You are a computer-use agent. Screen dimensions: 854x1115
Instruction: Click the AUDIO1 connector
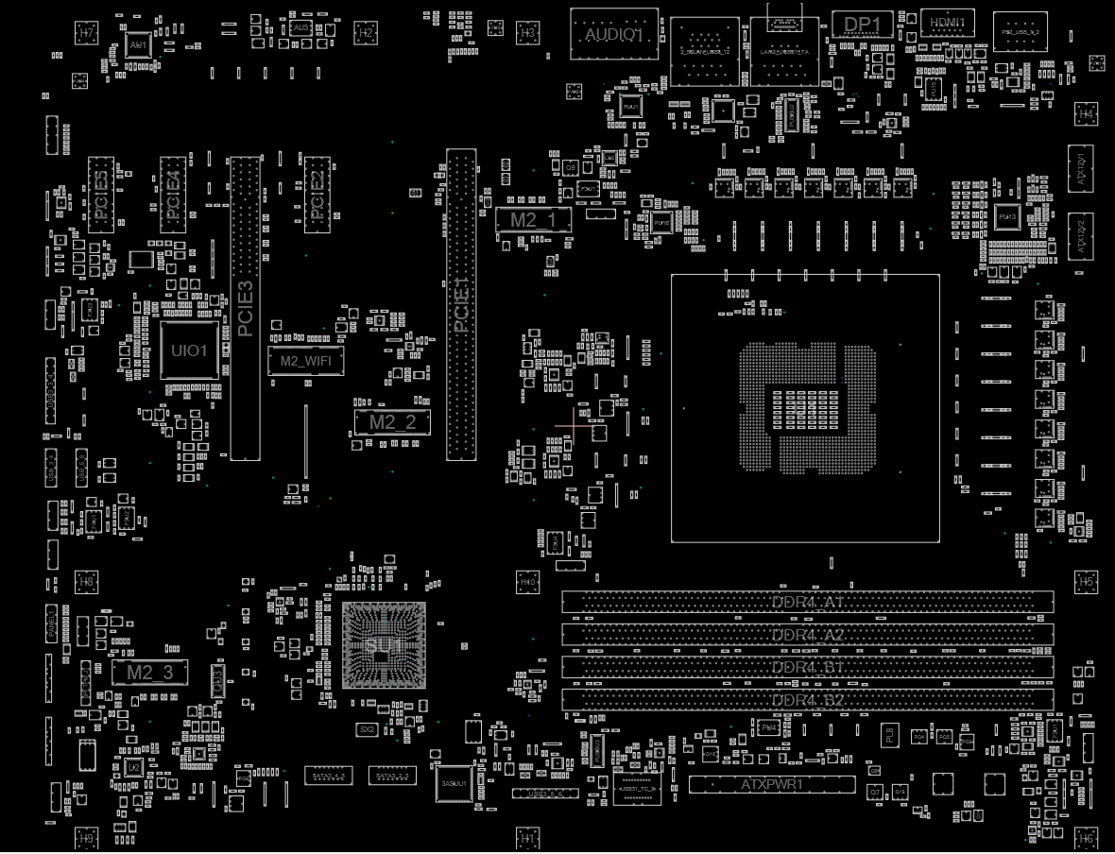tap(614, 34)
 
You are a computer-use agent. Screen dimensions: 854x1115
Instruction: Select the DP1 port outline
tap(862, 25)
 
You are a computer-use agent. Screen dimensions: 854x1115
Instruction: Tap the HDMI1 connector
tap(947, 23)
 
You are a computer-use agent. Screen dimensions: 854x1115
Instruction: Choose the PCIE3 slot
tap(245, 308)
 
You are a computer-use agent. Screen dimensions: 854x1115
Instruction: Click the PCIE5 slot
tap(101, 195)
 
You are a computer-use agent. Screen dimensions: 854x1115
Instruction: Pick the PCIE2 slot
tap(317, 193)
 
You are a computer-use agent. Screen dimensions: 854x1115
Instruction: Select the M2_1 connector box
tap(534, 220)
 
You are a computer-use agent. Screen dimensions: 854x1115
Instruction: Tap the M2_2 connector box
tap(392, 422)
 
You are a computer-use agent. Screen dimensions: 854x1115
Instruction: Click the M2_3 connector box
tap(150, 673)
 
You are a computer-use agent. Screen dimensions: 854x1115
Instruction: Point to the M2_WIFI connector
tap(305, 360)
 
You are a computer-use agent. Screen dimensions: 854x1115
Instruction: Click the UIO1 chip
tap(189, 350)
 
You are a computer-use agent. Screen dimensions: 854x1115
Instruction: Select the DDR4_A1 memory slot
tap(808, 603)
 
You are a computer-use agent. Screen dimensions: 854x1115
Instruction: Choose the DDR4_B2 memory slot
tap(808, 700)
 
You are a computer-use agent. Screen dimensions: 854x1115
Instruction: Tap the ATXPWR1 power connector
tap(772, 784)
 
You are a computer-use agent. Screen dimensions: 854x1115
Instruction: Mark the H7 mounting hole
tap(87, 32)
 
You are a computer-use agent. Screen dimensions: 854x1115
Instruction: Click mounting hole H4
tap(1086, 113)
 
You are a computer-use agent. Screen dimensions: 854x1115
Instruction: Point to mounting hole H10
tap(528, 582)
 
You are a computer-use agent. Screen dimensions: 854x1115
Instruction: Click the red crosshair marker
tap(575, 423)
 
